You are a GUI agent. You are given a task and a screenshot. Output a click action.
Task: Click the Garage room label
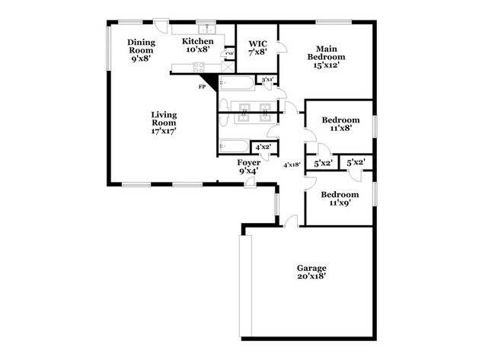coord(311,268)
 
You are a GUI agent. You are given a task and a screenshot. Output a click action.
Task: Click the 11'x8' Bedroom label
coord(339,124)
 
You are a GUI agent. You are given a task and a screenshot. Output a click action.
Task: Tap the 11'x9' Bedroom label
coord(339,199)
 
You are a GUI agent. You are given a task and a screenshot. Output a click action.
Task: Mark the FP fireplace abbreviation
coord(203,87)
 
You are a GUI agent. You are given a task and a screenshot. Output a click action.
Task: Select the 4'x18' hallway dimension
coord(291,164)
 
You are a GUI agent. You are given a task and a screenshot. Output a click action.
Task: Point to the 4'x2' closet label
coord(263,147)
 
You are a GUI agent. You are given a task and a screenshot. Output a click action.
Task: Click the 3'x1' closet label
coord(267,79)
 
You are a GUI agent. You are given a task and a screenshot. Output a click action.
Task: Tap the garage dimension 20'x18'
coord(311,276)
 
